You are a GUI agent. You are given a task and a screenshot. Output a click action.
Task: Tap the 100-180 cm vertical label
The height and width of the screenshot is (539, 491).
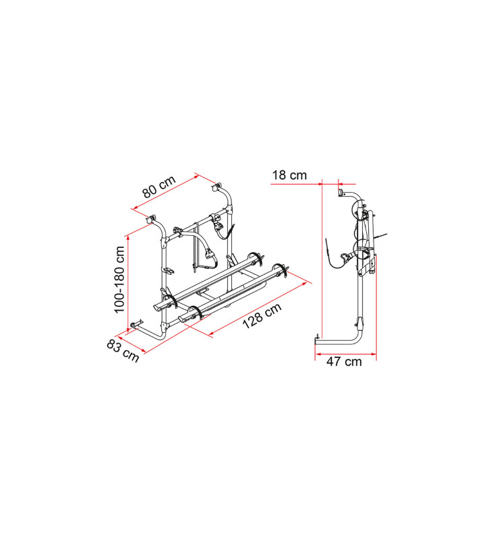tap(121, 278)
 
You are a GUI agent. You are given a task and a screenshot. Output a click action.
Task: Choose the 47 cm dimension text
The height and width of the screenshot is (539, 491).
tap(344, 362)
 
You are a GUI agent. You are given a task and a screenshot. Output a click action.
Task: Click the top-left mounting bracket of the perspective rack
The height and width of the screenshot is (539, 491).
tap(151, 218)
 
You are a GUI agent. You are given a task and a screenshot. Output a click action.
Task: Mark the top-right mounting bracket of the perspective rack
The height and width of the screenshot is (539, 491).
tap(217, 186)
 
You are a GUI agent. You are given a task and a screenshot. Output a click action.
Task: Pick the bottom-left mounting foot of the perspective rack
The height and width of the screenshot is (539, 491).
tap(133, 329)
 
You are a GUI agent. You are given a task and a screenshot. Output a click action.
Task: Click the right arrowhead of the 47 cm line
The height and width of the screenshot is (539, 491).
tap(375, 352)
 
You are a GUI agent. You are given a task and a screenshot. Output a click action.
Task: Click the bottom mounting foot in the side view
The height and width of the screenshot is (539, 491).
tap(316, 340)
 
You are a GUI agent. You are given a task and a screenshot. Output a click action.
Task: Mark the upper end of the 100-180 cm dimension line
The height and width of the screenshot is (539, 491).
tap(127, 236)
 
